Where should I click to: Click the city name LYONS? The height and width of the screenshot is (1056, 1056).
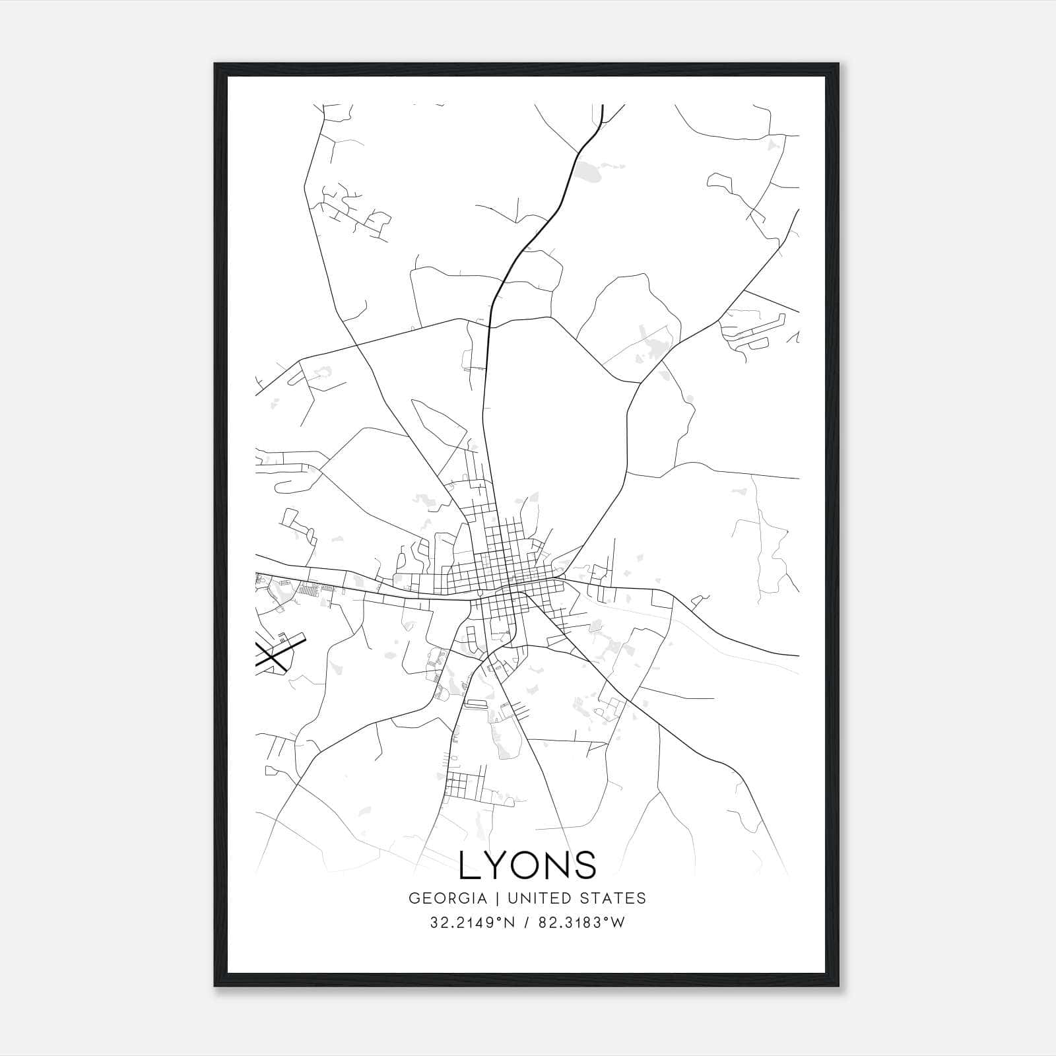(x=527, y=865)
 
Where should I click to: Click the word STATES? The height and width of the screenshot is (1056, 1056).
(x=615, y=898)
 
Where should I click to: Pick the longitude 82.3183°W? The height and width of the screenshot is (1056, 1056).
(x=581, y=923)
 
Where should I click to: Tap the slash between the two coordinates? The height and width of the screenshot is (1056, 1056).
(x=525, y=923)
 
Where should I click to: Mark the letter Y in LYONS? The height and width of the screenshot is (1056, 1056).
(x=498, y=865)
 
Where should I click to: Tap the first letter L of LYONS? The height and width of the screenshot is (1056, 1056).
(x=469, y=865)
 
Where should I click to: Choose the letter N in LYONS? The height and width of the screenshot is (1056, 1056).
(x=558, y=865)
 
